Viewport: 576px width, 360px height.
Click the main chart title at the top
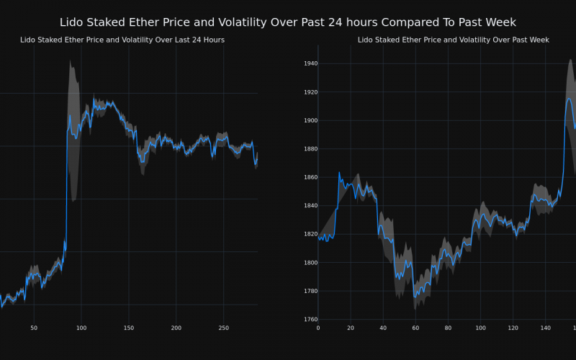tap(288, 22)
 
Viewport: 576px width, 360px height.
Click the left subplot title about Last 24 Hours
tap(122, 40)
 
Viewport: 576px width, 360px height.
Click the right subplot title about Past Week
tap(453, 40)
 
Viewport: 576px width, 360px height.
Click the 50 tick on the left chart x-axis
tap(34, 328)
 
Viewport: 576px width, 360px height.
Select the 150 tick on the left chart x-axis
tap(129, 328)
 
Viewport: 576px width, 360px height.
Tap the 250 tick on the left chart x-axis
tap(224, 328)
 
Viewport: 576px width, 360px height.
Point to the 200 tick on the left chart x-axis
tap(176, 328)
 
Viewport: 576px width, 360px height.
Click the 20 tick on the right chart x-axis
tap(351, 328)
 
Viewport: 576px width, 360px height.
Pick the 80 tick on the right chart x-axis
tap(448, 328)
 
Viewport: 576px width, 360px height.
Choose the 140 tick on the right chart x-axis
tap(545, 328)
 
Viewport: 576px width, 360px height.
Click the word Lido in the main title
tap(72, 22)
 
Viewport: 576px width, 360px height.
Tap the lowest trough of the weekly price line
tap(415, 296)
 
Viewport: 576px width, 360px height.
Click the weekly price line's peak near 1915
tap(569, 99)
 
